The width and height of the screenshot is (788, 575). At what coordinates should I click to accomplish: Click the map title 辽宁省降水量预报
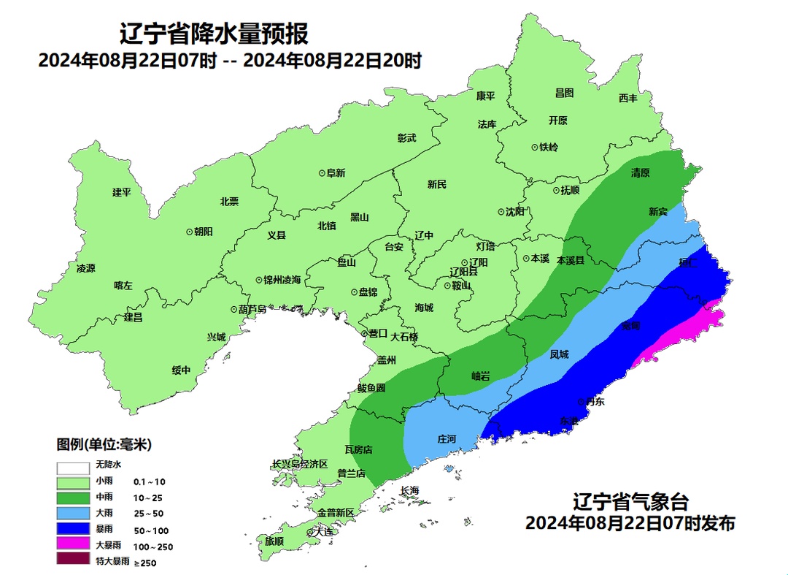214,34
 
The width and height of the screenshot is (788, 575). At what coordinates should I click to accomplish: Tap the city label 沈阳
514,212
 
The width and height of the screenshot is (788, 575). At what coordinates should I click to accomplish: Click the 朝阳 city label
203,231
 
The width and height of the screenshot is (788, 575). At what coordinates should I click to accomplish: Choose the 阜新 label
336,173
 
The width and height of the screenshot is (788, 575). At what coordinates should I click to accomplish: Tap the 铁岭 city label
549,147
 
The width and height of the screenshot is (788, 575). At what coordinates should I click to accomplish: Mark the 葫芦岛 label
253,309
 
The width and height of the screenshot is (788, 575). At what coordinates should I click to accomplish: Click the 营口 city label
378,333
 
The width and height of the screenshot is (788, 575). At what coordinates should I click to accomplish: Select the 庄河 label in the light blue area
447,439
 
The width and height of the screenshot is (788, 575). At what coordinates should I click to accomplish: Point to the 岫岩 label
481,376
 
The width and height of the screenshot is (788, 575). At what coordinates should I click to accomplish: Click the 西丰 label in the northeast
628,98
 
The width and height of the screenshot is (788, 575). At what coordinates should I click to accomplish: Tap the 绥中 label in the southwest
181,370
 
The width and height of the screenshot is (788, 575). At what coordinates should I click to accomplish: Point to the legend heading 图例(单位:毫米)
104,444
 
